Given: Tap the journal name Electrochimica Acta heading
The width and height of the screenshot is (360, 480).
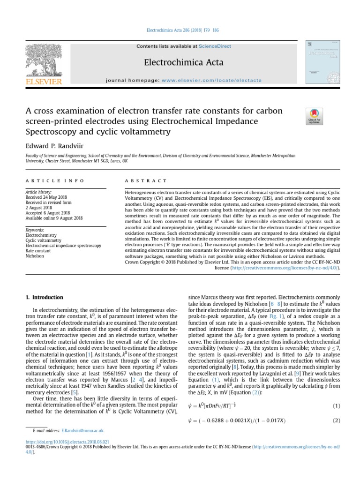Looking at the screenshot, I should [x=180, y=63].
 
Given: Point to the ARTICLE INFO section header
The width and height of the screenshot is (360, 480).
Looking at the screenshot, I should [x=54, y=180].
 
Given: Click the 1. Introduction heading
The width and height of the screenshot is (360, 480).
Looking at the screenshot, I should [x=44, y=297].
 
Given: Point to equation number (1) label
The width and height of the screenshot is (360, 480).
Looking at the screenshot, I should [x=335, y=405].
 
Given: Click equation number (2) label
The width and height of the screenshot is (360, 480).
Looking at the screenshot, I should [x=335, y=420].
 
